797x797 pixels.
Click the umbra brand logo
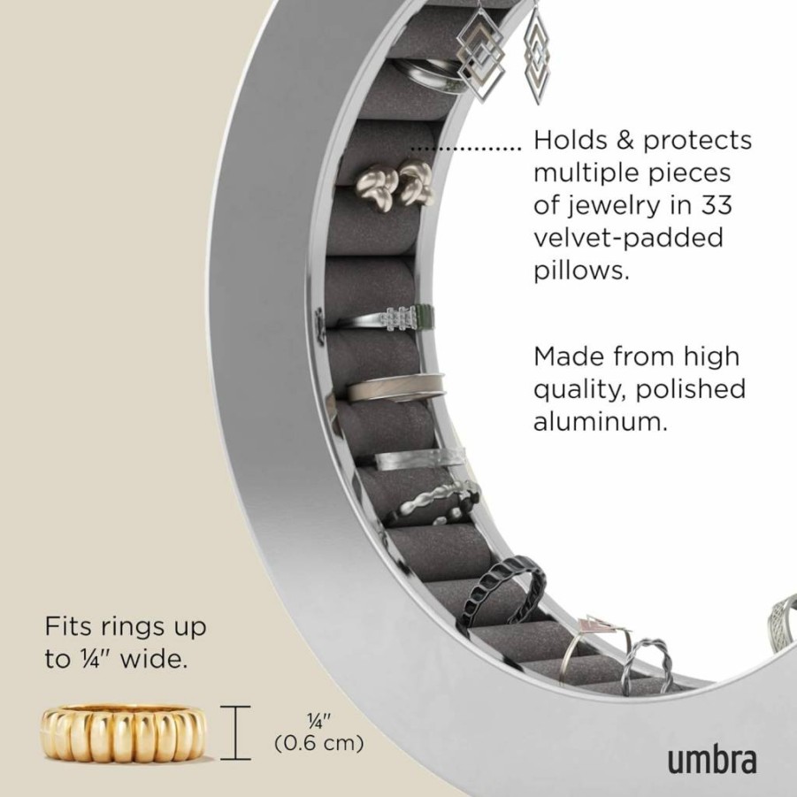pos(711,759)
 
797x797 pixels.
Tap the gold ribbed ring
pos(123,732)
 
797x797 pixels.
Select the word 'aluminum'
pos(601,421)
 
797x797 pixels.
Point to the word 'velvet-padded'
pos(628,237)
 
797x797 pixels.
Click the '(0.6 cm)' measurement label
pos(319,743)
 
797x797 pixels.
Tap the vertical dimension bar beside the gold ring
pos(235,732)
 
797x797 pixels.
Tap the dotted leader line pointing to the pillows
pos(466,149)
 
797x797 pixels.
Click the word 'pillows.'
pos(581,270)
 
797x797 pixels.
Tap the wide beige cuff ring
pos(396,387)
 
